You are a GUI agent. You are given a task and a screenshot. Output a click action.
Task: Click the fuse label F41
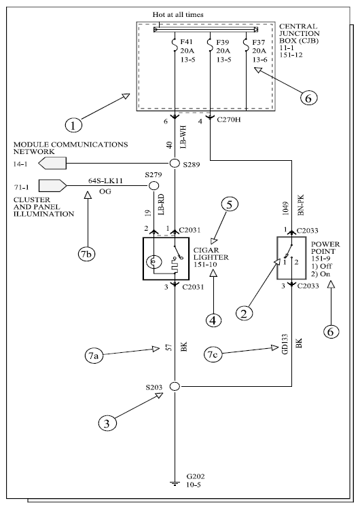(x=187, y=42)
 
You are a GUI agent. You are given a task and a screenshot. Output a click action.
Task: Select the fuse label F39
(x=223, y=42)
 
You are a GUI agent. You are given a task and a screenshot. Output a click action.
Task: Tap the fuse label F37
(x=259, y=42)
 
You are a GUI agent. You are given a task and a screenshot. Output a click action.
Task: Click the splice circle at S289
(x=175, y=163)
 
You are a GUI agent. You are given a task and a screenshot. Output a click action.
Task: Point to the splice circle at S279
(x=154, y=186)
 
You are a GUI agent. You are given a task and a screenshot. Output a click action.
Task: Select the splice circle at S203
(x=175, y=386)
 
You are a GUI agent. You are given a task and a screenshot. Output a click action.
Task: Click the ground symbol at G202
(x=175, y=484)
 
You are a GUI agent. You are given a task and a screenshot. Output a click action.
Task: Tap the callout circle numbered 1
(x=73, y=125)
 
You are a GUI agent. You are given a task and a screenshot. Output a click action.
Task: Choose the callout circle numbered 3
(x=107, y=423)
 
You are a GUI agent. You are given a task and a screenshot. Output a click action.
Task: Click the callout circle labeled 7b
(x=86, y=254)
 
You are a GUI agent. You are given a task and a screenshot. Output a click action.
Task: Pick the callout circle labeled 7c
(x=213, y=354)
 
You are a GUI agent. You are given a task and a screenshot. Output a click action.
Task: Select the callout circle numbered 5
(x=230, y=204)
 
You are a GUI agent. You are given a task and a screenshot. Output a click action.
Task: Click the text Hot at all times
(x=178, y=15)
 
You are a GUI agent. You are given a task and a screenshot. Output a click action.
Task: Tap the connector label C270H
(x=229, y=119)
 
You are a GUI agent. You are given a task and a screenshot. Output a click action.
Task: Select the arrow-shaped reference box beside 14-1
(x=52, y=163)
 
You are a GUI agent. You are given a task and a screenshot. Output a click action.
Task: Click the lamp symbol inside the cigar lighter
(x=154, y=261)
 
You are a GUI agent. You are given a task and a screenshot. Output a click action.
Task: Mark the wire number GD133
(x=285, y=344)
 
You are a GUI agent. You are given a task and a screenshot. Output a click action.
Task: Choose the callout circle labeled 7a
(x=93, y=356)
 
